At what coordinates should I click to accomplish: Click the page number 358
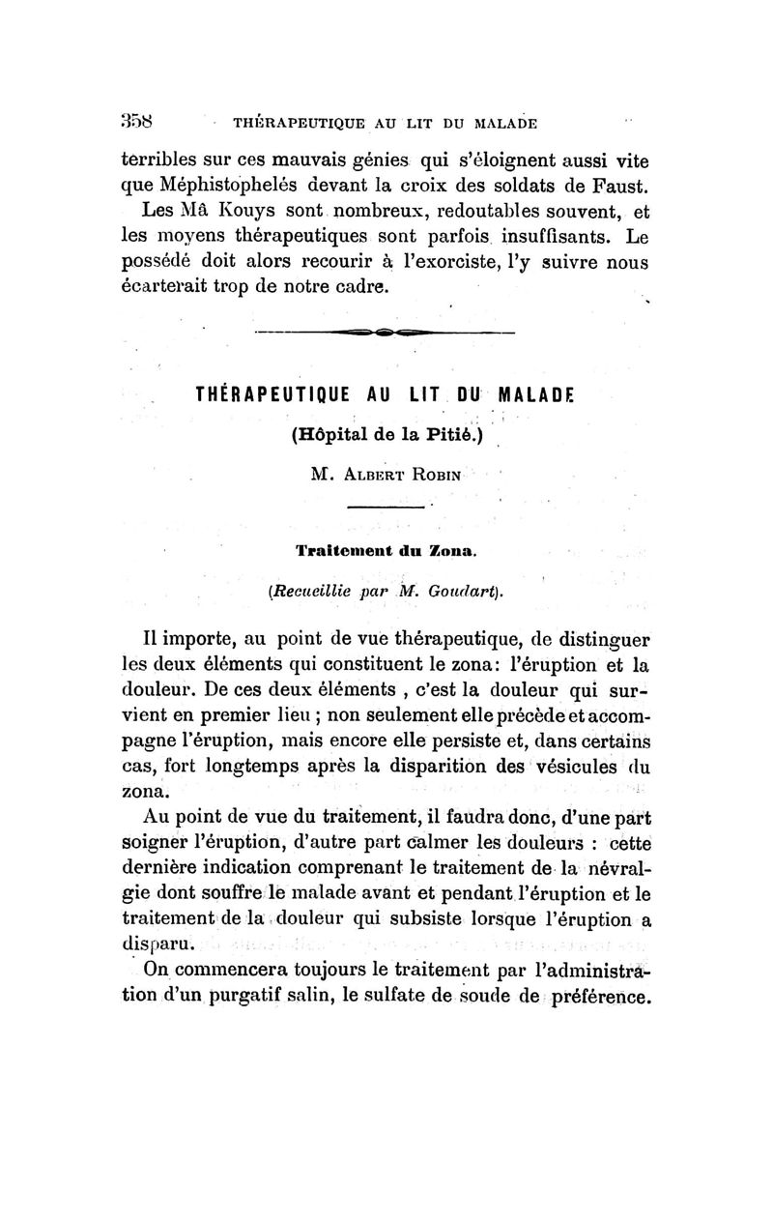[x=136, y=123]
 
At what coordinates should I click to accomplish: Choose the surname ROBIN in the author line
[x=429, y=475]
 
